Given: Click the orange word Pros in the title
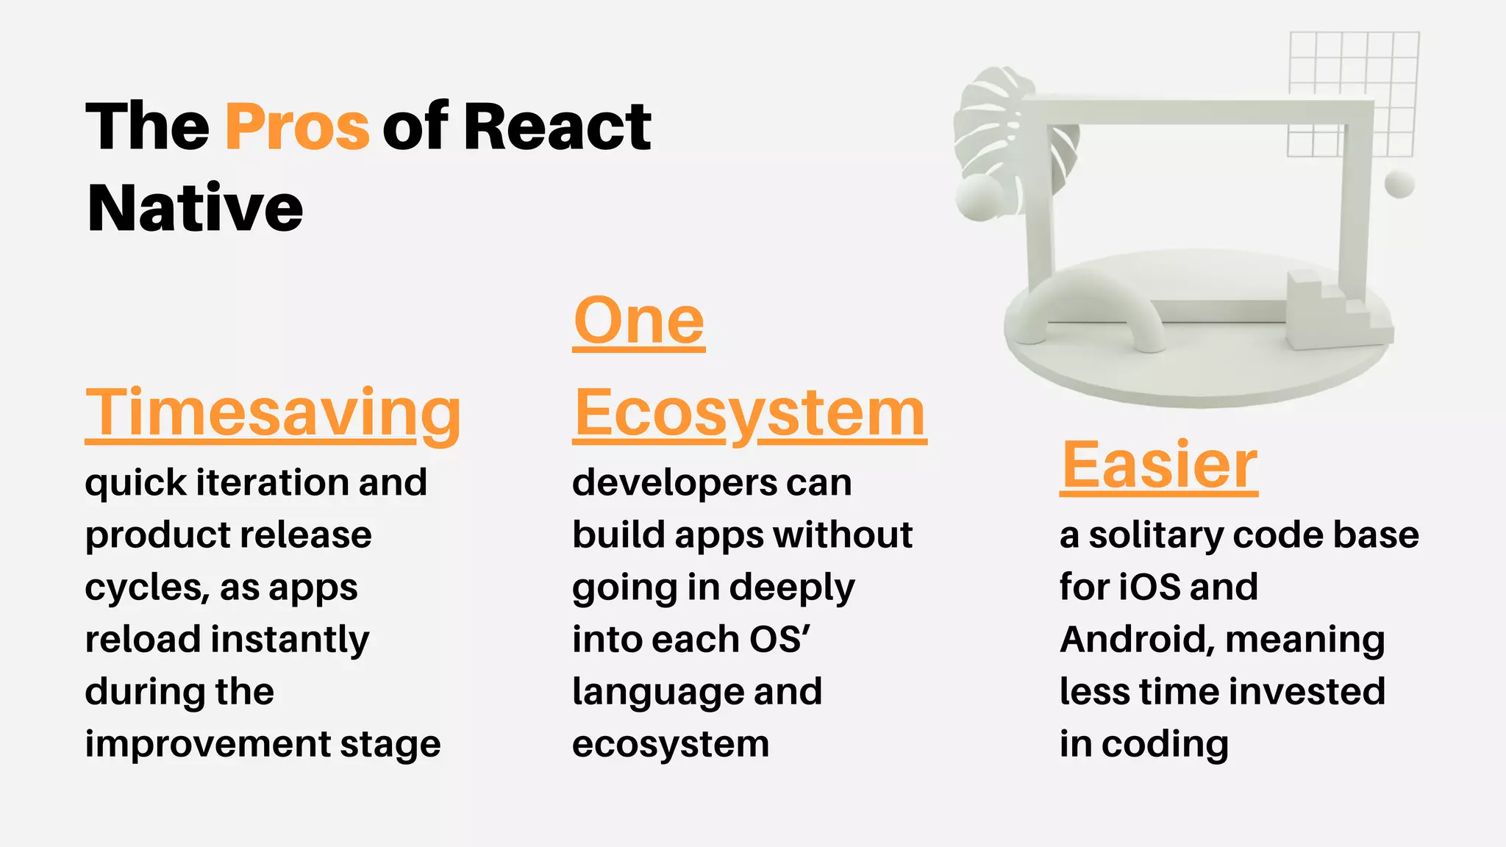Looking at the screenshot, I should (296, 126).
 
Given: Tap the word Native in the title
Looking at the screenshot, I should (195, 208).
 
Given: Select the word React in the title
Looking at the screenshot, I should (557, 126).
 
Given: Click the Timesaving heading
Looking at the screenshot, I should (273, 413).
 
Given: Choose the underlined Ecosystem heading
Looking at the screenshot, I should (749, 413).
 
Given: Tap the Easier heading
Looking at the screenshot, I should (1159, 465).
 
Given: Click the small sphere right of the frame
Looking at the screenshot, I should (1399, 184).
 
